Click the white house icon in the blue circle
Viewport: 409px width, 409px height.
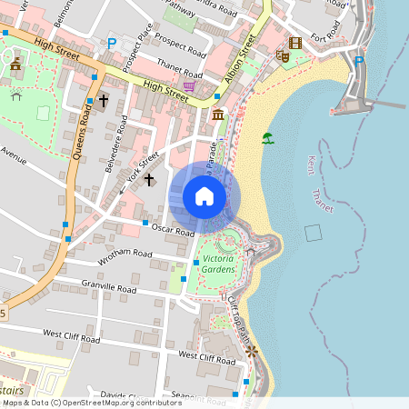204,196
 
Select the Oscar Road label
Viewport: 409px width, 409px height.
173,229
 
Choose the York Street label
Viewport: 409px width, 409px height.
143,169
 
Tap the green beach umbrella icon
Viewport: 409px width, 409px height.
267,138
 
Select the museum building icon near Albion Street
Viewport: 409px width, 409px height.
218,115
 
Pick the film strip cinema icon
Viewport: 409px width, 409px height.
294,43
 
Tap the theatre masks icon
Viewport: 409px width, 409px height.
283,56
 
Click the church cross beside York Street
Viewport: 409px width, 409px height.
149,180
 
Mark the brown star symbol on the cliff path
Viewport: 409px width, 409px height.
253,350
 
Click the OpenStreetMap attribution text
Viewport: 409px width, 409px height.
91,402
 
